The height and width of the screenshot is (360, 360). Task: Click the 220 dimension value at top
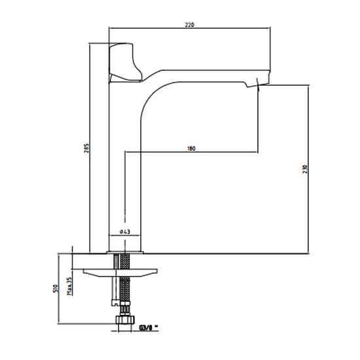[190, 25]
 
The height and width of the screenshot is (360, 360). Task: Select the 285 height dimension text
[86, 149]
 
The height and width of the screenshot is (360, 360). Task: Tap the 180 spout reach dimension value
[191, 149]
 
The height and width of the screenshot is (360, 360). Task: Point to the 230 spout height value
[305, 170]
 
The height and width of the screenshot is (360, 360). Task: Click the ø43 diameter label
[124, 232]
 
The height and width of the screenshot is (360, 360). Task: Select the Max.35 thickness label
[69, 286]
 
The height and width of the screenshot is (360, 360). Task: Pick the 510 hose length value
[55, 289]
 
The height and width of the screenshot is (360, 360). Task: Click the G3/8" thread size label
[149, 328]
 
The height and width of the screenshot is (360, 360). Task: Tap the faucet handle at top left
[124, 62]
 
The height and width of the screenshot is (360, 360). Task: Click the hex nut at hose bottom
[125, 319]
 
